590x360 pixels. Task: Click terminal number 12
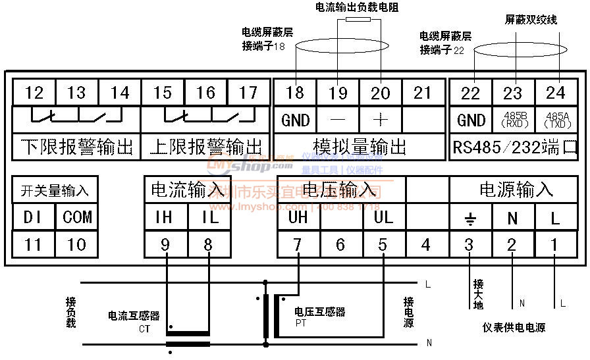coord(34,93)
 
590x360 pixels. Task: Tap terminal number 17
coord(248,93)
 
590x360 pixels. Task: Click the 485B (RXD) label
coord(512,120)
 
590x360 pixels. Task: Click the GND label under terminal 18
coord(295,120)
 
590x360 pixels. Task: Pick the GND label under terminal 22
coord(471,120)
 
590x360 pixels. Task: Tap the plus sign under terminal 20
coord(381,120)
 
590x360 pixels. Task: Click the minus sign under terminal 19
coord(338,120)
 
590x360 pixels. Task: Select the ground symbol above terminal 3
coord(469,218)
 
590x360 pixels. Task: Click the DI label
coord(33,217)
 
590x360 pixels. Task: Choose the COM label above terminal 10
coord(77,217)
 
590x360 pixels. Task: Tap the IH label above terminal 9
coord(164,217)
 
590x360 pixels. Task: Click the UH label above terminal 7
coord(298,217)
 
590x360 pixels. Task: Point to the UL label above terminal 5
coord(383,217)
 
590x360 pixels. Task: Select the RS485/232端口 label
coord(515,146)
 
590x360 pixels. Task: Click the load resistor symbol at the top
coord(358,21)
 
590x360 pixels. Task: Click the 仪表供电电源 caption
coord(514,327)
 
